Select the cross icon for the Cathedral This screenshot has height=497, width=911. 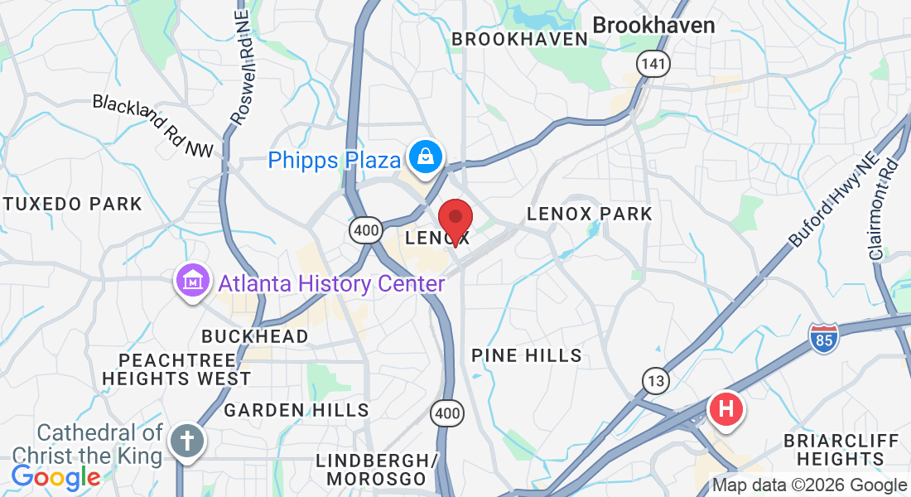[187, 439]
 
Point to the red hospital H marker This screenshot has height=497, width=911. [726, 408]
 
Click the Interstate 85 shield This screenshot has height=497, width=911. [823, 337]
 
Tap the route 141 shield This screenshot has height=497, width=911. [653, 63]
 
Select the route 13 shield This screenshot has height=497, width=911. [656, 381]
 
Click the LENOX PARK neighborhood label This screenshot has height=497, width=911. [590, 214]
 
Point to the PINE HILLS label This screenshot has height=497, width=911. [527, 356]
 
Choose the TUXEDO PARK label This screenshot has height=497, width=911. [72, 204]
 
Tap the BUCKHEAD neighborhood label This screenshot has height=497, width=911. [255, 336]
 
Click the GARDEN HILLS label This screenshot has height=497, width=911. [296, 409]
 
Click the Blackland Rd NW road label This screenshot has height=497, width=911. [152, 126]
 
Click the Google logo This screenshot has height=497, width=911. [55, 477]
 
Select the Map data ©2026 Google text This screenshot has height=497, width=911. [809, 485]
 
